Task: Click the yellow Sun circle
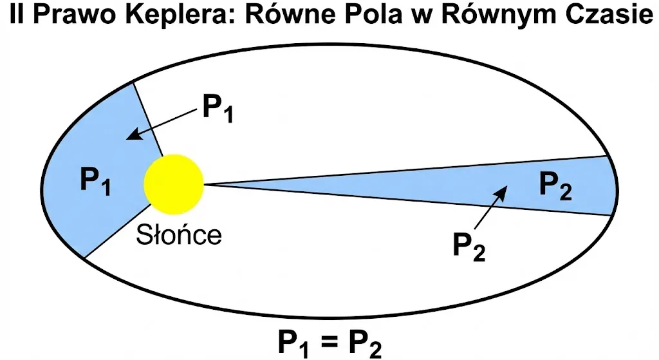(x=174, y=184)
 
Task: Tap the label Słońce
(x=179, y=235)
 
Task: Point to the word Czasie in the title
(x=609, y=15)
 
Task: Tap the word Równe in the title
(x=286, y=15)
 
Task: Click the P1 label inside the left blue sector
(x=95, y=181)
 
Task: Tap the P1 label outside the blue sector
(x=218, y=108)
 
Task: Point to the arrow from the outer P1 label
(x=162, y=124)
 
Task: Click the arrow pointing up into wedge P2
(x=491, y=208)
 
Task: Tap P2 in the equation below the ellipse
(x=366, y=343)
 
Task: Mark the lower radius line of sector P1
(x=117, y=231)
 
